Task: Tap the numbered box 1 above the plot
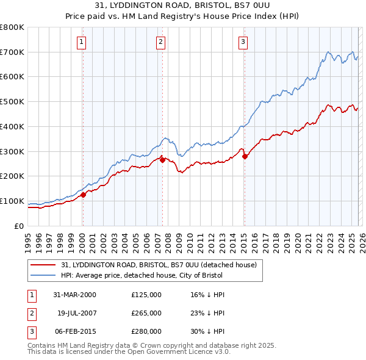pos(82,42)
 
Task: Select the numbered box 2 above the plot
pos(160,42)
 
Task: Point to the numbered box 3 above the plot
pos(243,42)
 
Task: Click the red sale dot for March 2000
pos(84,195)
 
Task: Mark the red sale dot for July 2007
pos(163,160)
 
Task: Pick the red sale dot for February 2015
pos(245,156)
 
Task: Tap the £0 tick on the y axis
pos(20,226)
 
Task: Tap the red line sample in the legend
pos(43,265)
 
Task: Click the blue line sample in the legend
pos(43,276)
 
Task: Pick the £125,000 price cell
pos(146,295)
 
